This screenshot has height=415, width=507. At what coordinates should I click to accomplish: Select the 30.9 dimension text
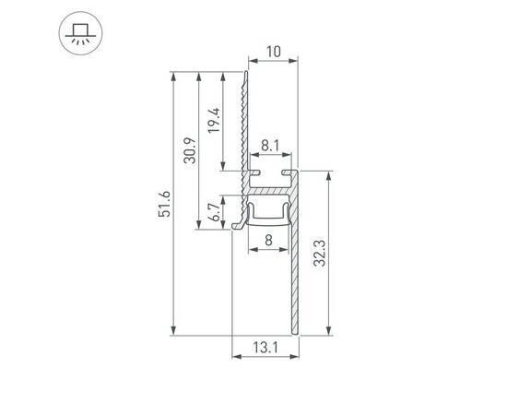tap(190, 149)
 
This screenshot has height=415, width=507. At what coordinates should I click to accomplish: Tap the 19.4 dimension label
tap(214, 120)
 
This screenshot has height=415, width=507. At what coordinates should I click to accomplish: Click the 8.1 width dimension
tap(270, 145)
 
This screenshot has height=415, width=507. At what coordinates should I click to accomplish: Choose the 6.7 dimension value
tap(214, 213)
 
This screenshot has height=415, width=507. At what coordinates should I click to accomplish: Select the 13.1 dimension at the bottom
tap(264, 348)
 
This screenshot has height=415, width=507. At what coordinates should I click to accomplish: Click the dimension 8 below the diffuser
tap(268, 241)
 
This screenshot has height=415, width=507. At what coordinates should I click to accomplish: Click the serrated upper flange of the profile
tap(244, 120)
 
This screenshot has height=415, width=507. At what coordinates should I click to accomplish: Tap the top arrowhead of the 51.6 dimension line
tap(173, 74)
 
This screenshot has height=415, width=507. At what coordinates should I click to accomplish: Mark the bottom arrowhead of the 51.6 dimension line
tap(173, 332)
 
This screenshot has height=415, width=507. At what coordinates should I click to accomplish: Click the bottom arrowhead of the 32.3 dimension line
tap(329, 332)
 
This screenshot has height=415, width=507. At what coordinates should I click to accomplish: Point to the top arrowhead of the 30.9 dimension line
tap(198, 74)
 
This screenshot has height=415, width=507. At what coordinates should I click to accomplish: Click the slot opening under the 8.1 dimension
tap(270, 172)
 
